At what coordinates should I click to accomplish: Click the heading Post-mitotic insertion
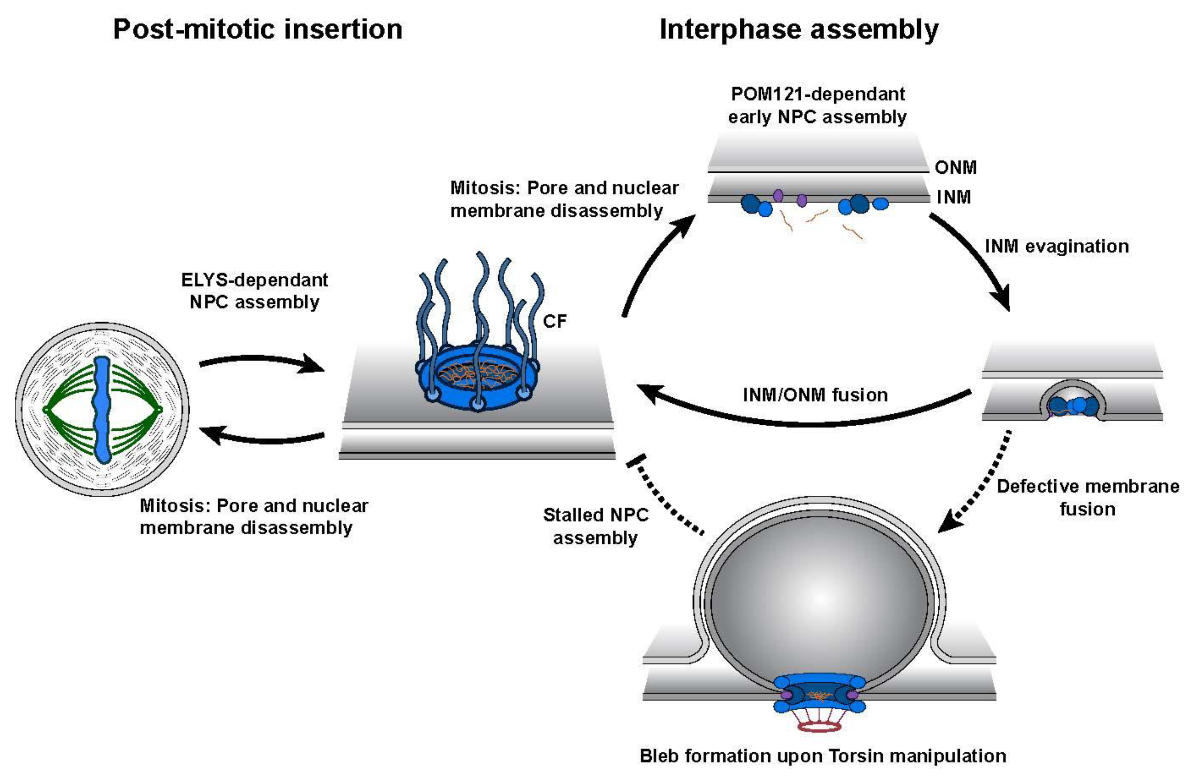tap(257, 29)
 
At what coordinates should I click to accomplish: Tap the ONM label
tap(955, 167)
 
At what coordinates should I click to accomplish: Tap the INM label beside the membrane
tap(954, 197)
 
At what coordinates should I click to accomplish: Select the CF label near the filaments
tap(554, 321)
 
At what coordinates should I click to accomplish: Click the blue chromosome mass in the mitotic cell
tap(103, 410)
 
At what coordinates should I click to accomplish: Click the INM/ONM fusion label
tap(815, 395)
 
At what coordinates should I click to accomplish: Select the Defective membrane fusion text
tap(1087, 498)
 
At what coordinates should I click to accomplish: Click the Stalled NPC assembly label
tap(596, 526)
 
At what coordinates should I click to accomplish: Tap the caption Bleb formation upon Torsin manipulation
tap(823, 756)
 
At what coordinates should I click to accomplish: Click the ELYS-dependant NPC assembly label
tap(254, 291)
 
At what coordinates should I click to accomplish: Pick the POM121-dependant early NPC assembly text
tap(817, 105)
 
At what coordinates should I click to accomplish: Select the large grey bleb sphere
tap(819, 600)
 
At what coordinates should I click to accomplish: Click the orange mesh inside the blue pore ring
tap(475, 375)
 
